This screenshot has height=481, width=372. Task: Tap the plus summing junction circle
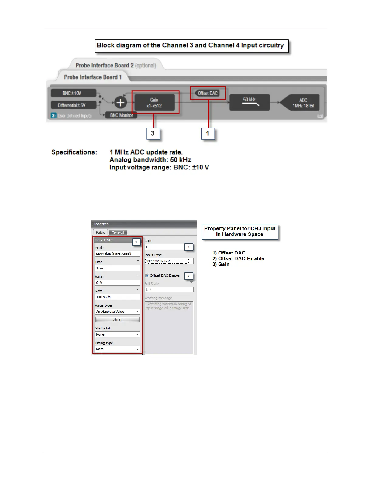[120, 103]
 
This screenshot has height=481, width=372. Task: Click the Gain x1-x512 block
[154, 103]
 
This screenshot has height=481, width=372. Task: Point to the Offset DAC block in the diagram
[208, 93]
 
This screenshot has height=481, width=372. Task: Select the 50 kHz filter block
[249, 102]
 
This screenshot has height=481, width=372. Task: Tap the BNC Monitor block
[121, 115]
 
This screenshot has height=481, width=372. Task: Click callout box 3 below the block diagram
[153, 133]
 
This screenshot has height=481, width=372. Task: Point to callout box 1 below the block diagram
[208, 133]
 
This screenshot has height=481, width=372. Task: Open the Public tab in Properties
[100, 232]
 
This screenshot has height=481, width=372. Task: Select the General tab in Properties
[118, 233]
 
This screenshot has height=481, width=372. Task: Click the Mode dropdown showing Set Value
[117, 254]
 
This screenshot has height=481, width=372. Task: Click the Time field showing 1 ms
[117, 268]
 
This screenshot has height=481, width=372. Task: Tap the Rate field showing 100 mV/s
[117, 297]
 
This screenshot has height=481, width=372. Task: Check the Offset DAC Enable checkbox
[147, 275]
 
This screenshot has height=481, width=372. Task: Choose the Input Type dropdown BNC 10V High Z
[169, 261]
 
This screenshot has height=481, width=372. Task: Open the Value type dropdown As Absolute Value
[117, 312]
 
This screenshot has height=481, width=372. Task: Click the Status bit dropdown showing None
[117, 334]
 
